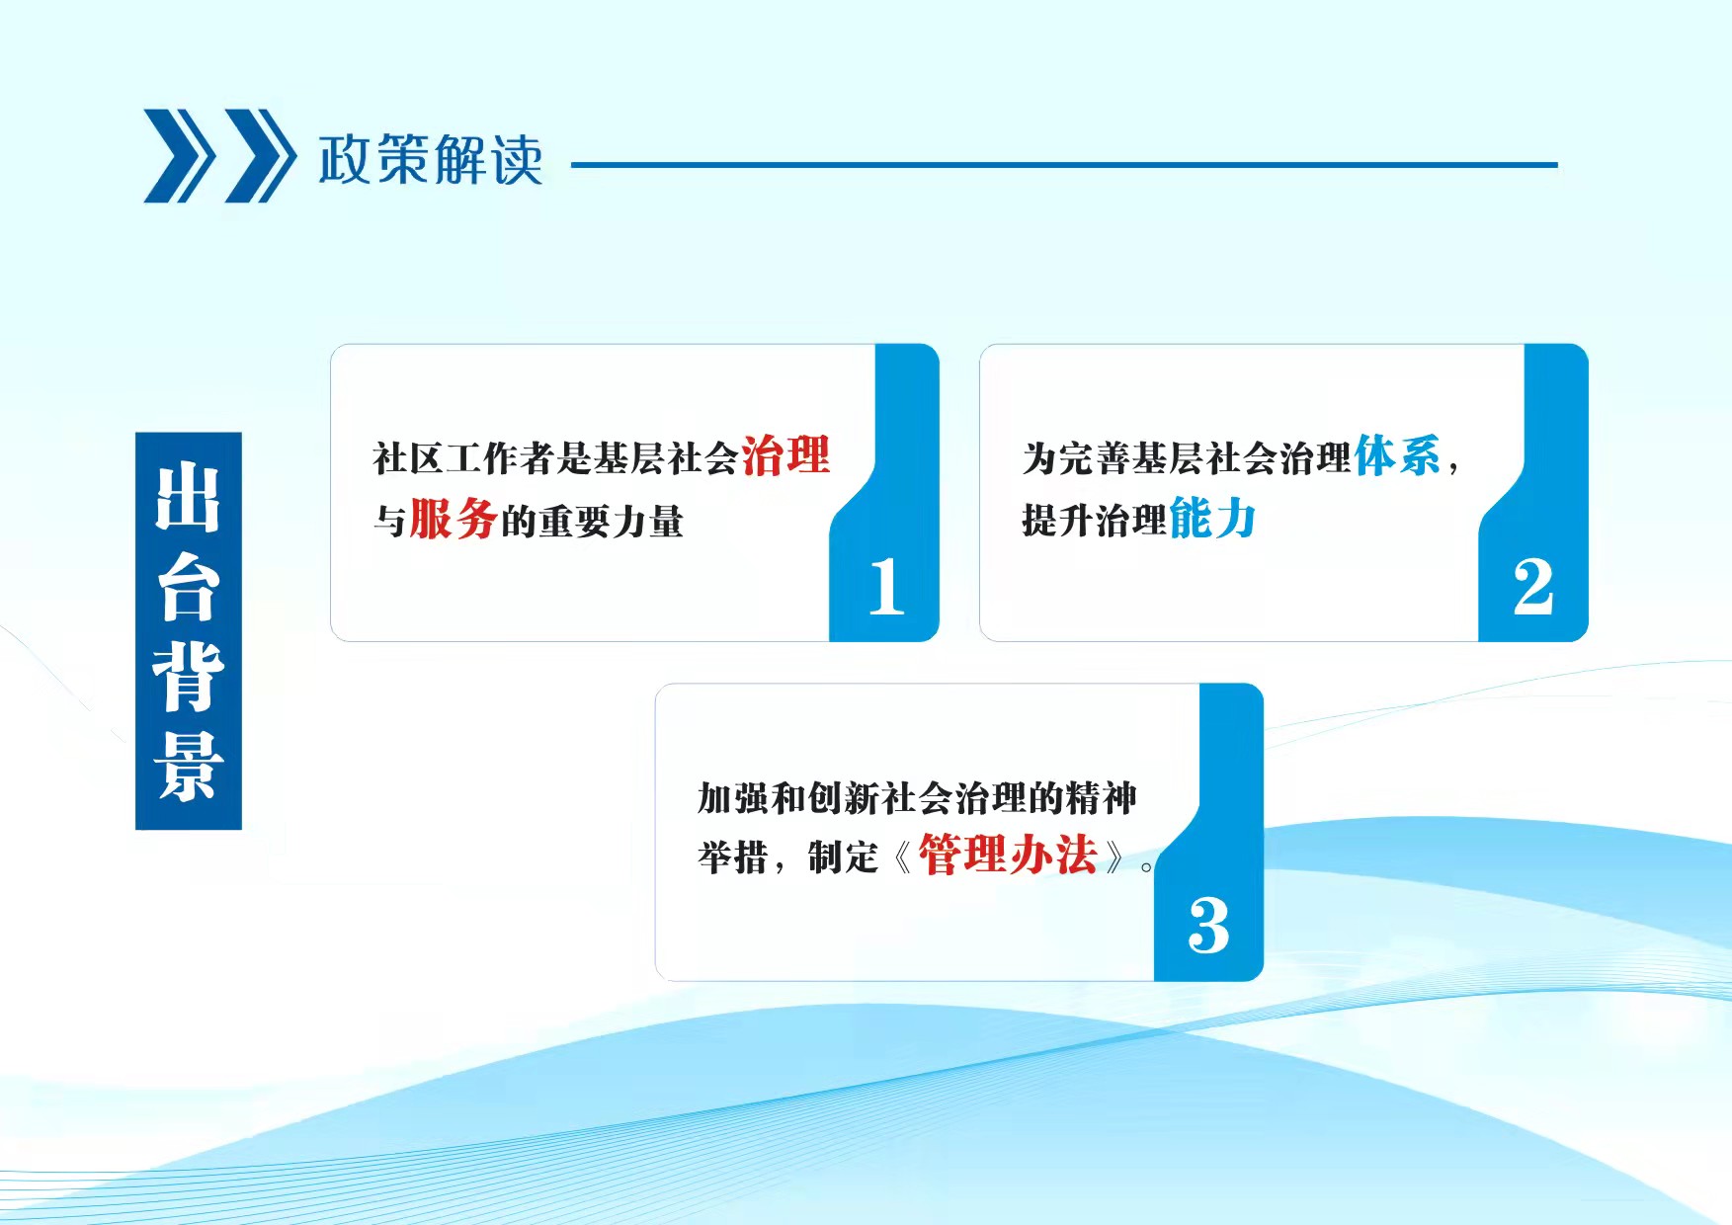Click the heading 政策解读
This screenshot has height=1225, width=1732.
point(431,159)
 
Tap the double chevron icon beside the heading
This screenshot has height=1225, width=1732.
point(219,156)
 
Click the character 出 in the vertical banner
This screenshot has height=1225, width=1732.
point(188,499)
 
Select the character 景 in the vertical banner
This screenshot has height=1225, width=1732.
point(188,767)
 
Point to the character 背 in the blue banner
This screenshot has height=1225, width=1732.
point(188,677)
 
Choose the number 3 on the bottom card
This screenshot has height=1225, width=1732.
point(1208,926)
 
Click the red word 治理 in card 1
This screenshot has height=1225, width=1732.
point(785,455)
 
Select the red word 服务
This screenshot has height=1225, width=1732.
point(454,519)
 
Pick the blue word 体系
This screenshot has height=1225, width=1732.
point(1398,455)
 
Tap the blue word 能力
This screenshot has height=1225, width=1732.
point(1212,519)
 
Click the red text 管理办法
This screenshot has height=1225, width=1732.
point(1008,855)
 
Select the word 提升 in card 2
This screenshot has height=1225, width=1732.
point(1057,521)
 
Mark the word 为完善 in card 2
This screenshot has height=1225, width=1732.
point(1076,458)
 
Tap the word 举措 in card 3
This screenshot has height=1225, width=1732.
point(733,857)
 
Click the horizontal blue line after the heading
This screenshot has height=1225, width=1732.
point(1064,165)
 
